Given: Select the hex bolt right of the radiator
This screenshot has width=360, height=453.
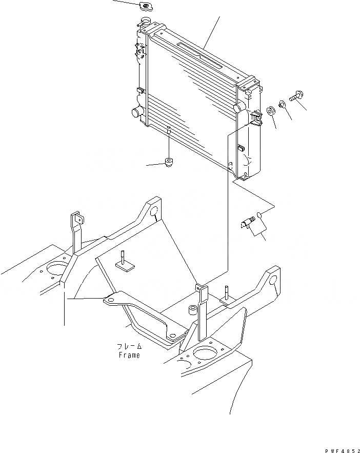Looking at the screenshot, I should pyautogui.click(x=297, y=95).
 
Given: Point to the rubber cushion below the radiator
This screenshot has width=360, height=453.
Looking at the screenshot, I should pyautogui.click(x=168, y=163).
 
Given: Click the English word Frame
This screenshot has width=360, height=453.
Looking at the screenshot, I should pyautogui.click(x=128, y=355).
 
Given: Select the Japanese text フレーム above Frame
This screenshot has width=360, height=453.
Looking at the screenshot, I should pyautogui.click(x=128, y=347).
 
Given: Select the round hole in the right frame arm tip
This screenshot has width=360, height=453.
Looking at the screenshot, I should pyautogui.click(x=273, y=281).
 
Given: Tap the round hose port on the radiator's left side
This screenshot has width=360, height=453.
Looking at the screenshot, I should pyautogui.click(x=137, y=112).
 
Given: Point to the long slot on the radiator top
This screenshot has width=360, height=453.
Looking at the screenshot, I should pyautogui.click(x=200, y=54).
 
